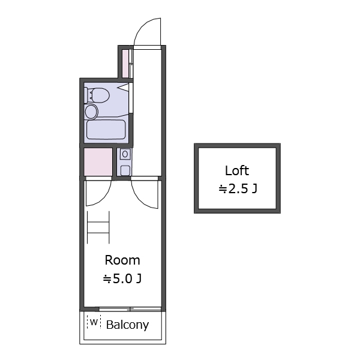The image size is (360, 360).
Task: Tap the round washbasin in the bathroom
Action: tap(91, 112)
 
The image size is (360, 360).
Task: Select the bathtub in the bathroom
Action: tap(106, 130)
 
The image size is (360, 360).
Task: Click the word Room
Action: tap(122, 260)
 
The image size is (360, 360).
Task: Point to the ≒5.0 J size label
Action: tap(122, 279)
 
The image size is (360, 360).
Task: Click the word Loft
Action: tap(237, 170)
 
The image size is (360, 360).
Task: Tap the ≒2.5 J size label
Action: tap(238, 189)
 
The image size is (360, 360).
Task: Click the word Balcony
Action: tap(127, 325)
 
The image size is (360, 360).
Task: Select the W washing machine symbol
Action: tap(94, 322)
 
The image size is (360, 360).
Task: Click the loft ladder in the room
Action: tap(98, 227)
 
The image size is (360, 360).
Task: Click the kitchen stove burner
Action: tap(125, 154)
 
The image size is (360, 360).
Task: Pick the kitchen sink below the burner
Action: tap(125, 170)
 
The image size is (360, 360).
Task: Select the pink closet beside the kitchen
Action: tap(98, 162)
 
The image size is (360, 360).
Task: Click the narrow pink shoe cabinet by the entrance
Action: tap(125, 64)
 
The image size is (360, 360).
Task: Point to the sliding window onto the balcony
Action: tap(130, 309)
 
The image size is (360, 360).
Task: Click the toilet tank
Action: tap(86, 95)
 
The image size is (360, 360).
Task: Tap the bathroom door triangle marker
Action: tap(123, 88)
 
